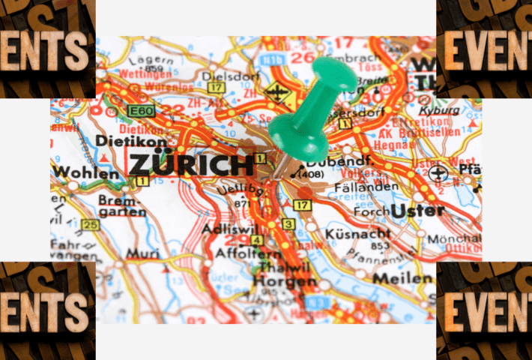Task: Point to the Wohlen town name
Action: tap(85, 174)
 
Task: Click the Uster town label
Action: tap(418, 210)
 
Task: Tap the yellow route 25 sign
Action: tap(91, 224)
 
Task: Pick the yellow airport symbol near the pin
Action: tap(277, 95)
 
